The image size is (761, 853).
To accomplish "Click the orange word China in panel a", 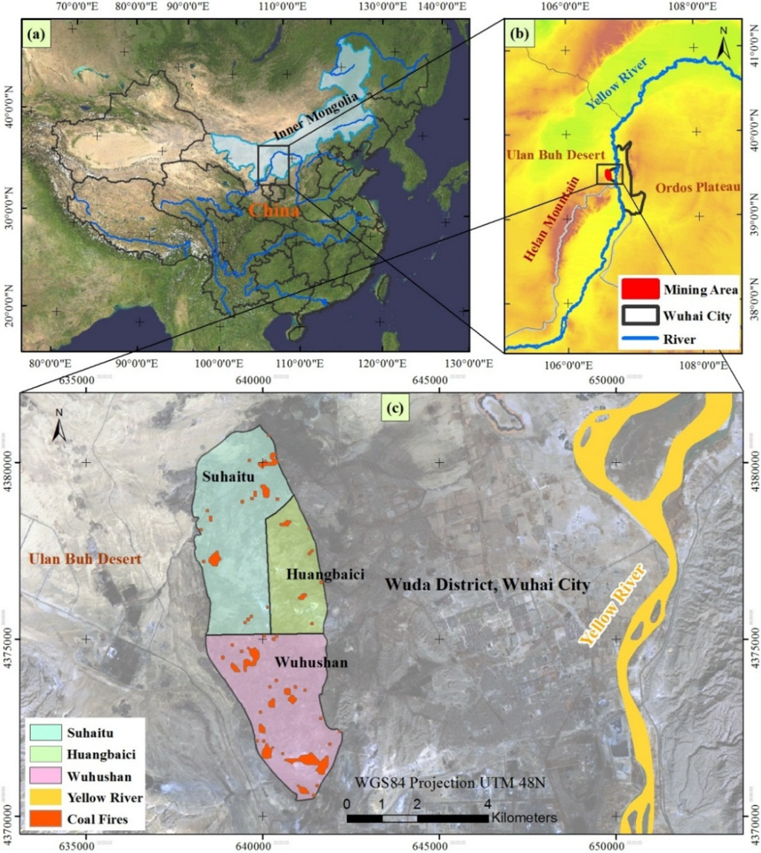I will click(274, 210).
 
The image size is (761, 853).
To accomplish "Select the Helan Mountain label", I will click(551, 224).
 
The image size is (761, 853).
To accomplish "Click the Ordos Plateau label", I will click(698, 188).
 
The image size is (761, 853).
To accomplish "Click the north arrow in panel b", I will click(724, 44).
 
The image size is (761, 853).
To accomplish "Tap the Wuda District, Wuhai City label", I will click(488, 585).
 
